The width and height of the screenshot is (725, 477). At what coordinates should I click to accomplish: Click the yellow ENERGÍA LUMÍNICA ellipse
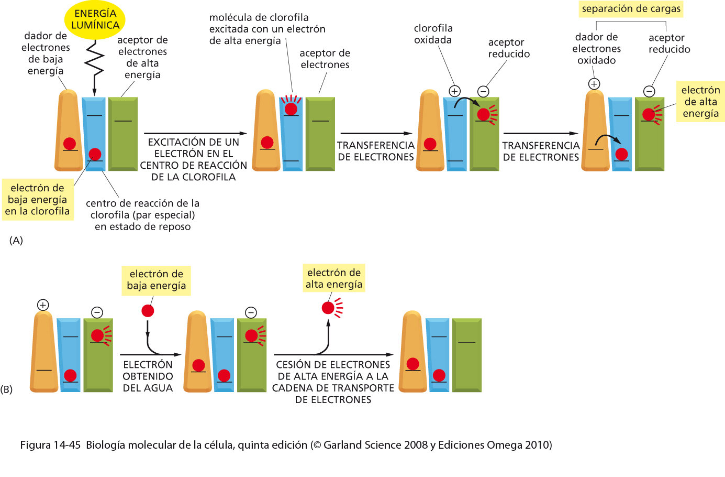(95, 19)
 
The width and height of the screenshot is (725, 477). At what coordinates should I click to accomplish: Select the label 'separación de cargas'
(631, 9)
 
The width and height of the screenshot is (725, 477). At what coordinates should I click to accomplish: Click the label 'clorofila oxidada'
(433, 34)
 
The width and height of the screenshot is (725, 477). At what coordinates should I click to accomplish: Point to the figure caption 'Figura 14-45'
(50, 445)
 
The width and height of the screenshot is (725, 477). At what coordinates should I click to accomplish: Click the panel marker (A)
(16, 241)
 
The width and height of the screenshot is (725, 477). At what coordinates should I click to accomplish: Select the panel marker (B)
(6, 389)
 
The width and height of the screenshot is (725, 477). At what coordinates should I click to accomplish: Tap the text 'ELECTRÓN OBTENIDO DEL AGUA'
(148, 376)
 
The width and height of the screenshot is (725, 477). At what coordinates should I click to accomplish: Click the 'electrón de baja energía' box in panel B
(156, 280)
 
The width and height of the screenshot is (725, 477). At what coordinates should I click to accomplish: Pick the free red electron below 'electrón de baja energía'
(148, 311)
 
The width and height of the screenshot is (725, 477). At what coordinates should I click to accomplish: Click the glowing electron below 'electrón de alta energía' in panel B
(328, 308)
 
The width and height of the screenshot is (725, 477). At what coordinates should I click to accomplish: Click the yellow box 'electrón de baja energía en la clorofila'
(38, 200)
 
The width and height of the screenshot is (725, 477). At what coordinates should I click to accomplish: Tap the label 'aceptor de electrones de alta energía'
(142, 57)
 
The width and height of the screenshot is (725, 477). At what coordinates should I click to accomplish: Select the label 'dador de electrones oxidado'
(596, 49)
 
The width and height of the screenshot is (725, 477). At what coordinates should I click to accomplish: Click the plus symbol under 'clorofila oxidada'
(454, 91)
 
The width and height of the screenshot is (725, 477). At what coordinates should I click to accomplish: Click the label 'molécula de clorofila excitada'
(267, 29)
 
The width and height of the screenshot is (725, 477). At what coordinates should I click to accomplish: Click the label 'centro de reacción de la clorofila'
(142, 215)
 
